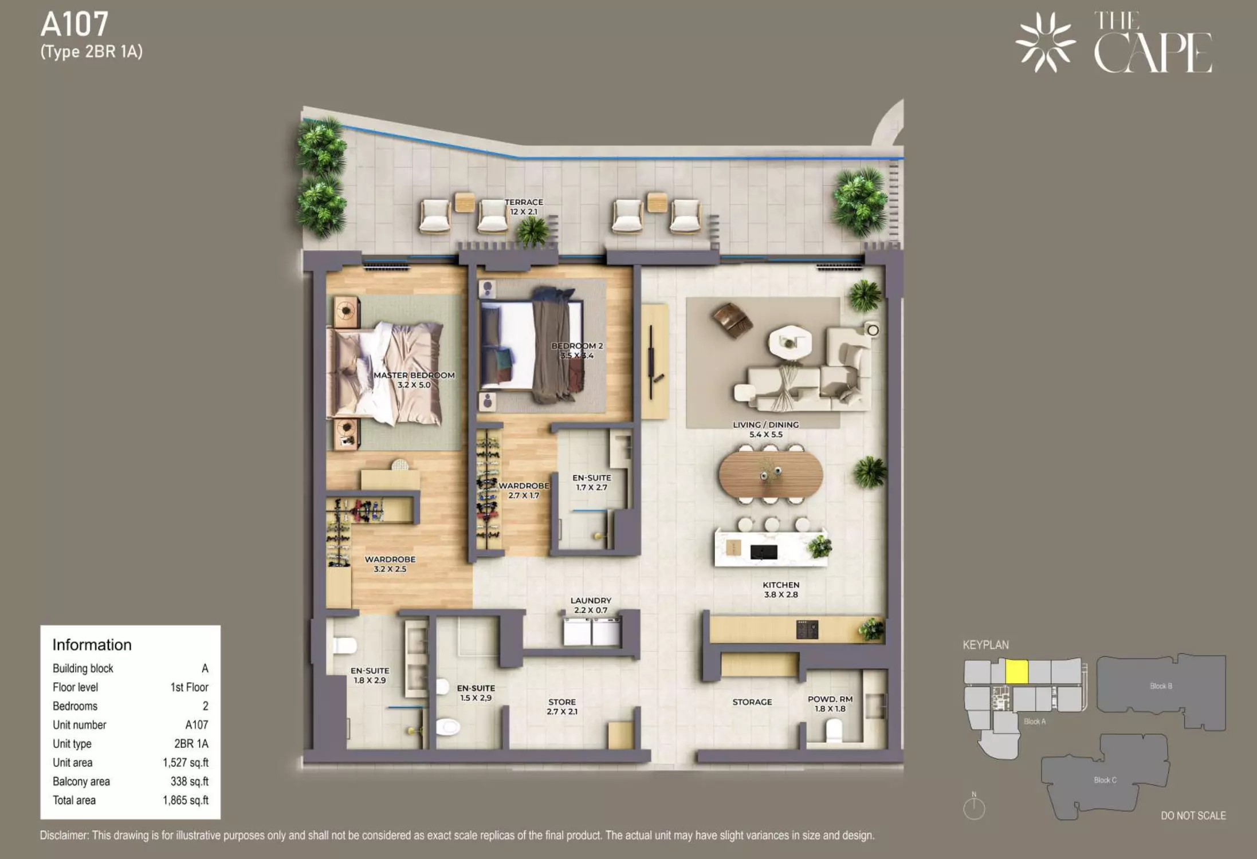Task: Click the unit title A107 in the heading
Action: tap(74, 25)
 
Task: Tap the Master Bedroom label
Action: tap(414, 380)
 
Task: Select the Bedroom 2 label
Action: tap(577, 350)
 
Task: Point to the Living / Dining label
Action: tap(765, 429)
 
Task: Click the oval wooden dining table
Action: tap(771, 475)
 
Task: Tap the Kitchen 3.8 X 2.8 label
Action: tap(781, 590)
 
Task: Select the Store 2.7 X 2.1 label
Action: tap(562, 707)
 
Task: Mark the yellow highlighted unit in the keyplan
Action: tap(1017, 672)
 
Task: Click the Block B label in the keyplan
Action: tap(1161, 686)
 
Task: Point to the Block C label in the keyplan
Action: tap(1105, 780)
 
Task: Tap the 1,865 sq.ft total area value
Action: tap(186, 800)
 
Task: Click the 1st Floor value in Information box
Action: tap(189, 687)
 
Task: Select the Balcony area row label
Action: tap(81, 782)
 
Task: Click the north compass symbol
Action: tap(974, 806)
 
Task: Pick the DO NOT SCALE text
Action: tap(1193, 815)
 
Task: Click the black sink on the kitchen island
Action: tap(764, 552)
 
